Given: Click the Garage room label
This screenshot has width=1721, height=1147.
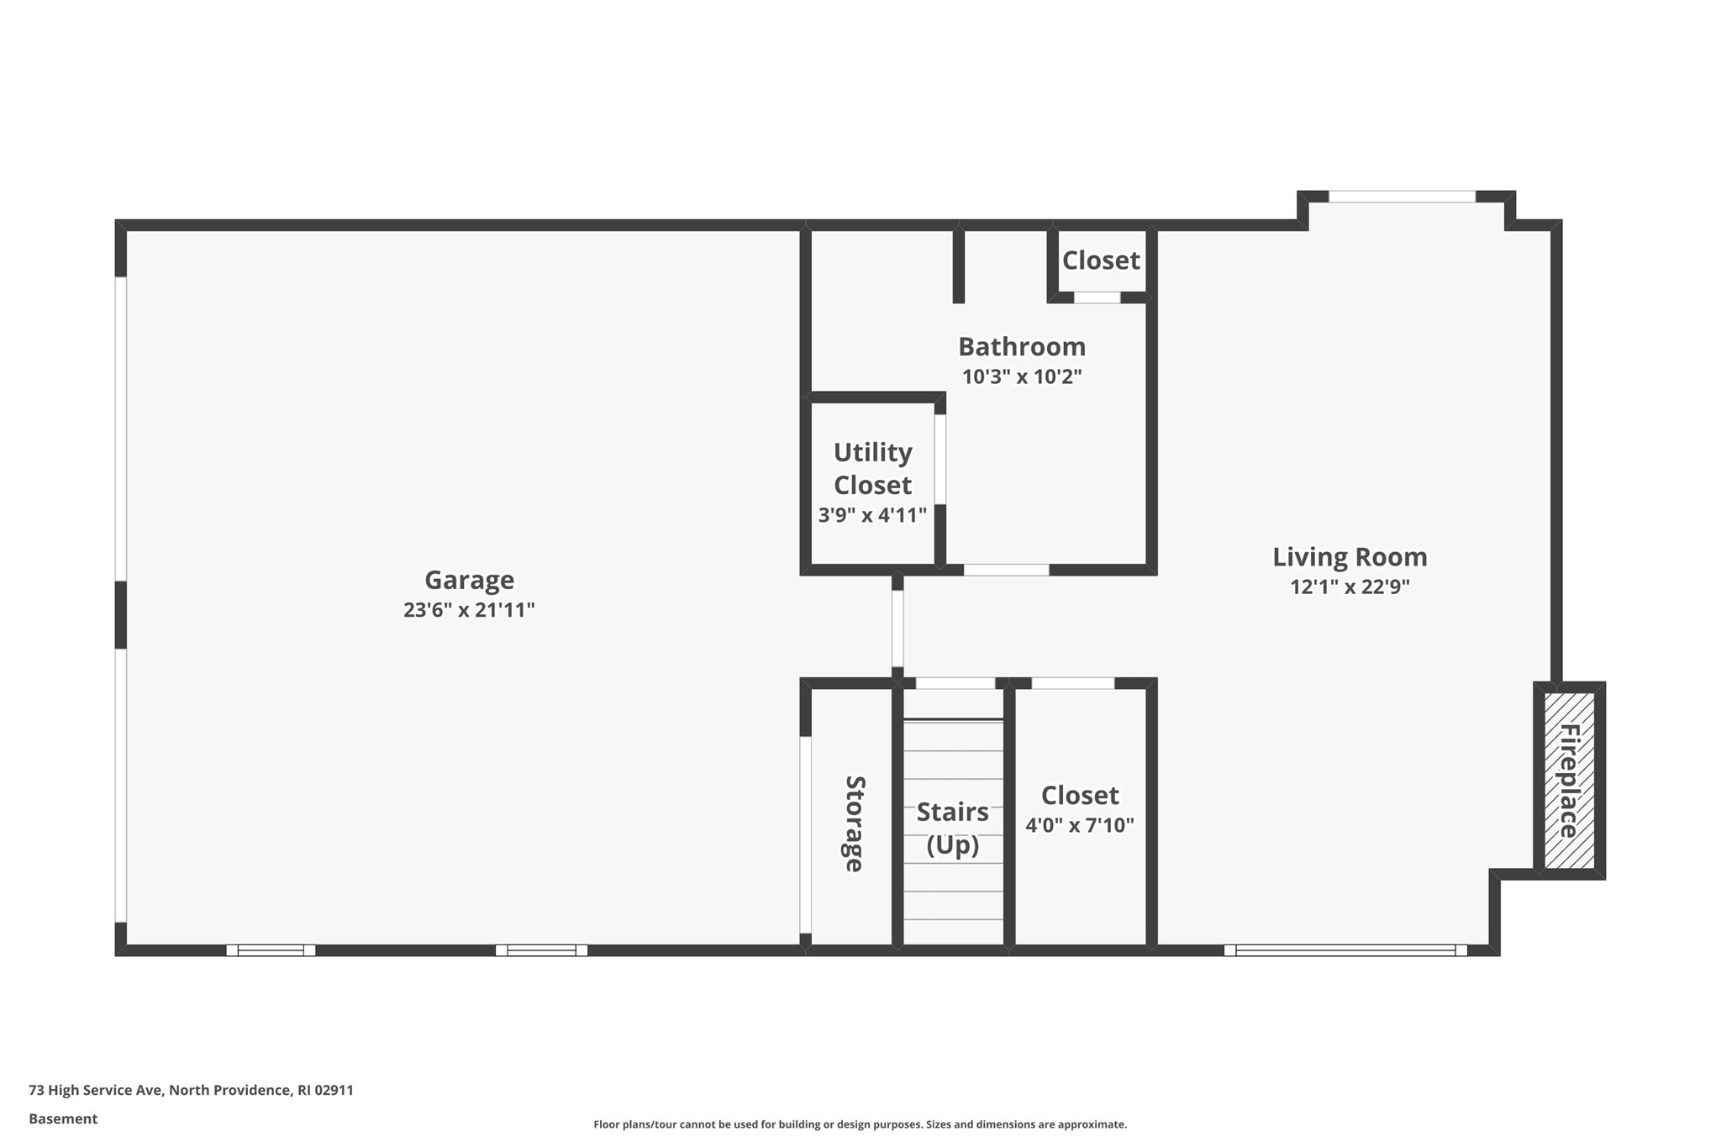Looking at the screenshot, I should pyautogui.click(x=469, y=580).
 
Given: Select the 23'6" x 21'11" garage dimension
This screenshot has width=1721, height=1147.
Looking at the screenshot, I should pyautogui.click(x=469, y=610).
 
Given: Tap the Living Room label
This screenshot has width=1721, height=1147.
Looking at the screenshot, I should pyautogui.click(x=1350, y=557).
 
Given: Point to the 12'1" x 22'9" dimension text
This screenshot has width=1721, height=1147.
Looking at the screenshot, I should pyautogui.click(x=1350, y=587).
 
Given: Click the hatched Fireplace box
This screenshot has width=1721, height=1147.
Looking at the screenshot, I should pyautogui.click(x=1569, y=781).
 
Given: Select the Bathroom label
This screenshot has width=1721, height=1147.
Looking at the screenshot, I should pyautogui.click(x=1022, y=347).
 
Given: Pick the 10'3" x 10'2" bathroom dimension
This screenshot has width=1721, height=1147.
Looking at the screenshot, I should pyautogui.click(x=1022, y=376).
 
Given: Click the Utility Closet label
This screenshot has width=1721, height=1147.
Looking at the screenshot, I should pyautogui.click(x=872, y=469).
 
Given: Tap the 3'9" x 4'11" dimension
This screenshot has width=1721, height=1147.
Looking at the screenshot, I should pyautogui.click(x=872, y=515).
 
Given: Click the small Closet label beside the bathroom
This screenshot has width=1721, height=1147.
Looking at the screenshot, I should pyautogui.click(x=1101, y=260).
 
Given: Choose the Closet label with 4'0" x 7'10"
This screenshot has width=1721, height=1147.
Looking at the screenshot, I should pyautogui.click(x=1080, y=796).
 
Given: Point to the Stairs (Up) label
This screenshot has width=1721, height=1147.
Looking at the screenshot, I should pyautogui.click(x=952, y=828).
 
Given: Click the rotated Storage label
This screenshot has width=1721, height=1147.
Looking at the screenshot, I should pyautogui.click(x=854, y=823).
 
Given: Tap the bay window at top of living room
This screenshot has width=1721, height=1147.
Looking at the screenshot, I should pyautogui.click(x=1402, y=197).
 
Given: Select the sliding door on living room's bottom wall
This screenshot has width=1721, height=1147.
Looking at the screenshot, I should pyautogui.click(x=1345, y=950).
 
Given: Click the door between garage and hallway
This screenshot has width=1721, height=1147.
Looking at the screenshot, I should pyautogui.click(x=897, y=629).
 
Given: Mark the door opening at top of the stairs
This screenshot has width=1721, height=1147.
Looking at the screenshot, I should pyautogui.click(x=955, y=683).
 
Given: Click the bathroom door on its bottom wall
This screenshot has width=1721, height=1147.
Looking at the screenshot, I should pyautogui.click(x=1006, y=570).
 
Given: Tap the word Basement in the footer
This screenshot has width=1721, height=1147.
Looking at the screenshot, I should pyautogui.click(x=63, y=1118).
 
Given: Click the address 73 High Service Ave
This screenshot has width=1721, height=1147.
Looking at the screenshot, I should pyautogui.click(x=96, y=1090).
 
